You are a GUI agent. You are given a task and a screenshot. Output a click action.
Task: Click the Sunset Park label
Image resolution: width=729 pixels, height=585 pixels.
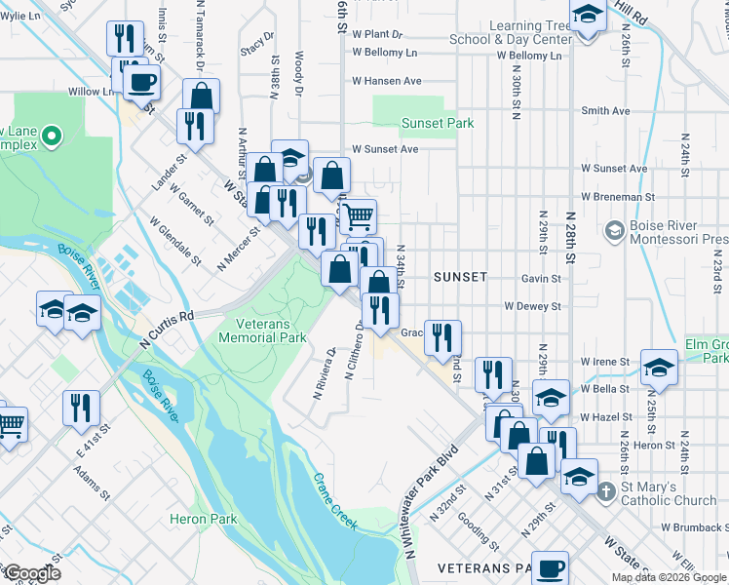point(438,123)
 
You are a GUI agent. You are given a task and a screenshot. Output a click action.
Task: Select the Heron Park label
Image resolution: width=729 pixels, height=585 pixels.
point(203,520)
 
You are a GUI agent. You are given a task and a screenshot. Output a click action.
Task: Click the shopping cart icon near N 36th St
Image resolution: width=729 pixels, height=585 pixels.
point(358,214)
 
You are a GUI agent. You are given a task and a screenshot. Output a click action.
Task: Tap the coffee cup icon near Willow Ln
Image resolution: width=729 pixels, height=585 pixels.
point(142,82)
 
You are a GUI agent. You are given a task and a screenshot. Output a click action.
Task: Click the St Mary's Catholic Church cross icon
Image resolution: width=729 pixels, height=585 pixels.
point(606,491)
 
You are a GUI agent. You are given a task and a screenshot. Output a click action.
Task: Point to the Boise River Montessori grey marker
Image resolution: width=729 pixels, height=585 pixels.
point(615,231)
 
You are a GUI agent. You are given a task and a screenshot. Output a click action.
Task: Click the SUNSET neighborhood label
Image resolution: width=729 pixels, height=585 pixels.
point(460,277)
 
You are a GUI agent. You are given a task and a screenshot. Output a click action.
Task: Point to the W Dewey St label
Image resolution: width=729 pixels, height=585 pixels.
point(532,306)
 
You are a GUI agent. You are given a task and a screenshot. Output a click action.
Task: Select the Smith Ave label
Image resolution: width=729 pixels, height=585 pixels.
point(605,111)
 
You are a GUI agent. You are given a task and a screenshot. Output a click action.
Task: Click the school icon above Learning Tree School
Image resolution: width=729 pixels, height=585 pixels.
point(588,16)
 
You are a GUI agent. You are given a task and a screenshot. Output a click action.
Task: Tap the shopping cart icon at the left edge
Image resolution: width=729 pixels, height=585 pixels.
point(10,423)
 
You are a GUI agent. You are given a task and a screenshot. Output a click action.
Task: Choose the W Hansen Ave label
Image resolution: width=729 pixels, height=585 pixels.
point(387,81)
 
